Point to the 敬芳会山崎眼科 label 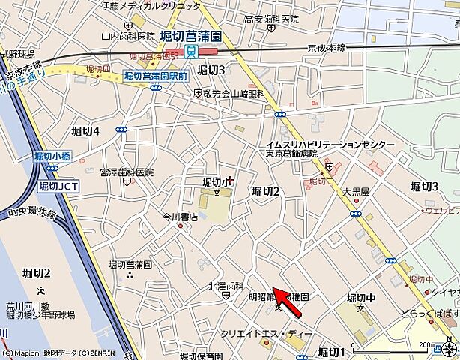coord(234,94)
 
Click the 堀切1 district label coord(331,352)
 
